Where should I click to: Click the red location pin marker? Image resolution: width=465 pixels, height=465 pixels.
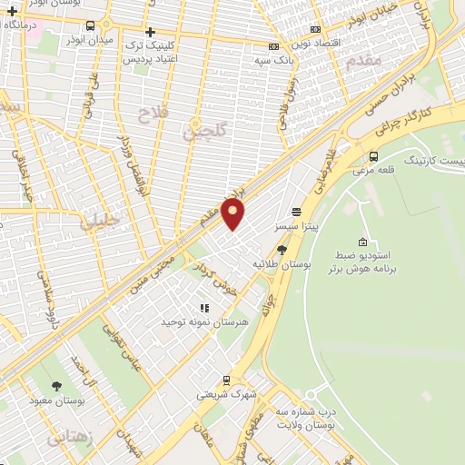click(x=233, y=214)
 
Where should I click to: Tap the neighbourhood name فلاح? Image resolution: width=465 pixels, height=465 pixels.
click(x=150, y=114)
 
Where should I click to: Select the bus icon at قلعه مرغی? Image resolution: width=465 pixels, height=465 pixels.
click(x=373, y=156)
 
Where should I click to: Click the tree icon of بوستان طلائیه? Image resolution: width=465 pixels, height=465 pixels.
click(x=282, y=249)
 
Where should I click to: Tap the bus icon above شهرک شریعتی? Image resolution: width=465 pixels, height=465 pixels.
click(x=226, y=381)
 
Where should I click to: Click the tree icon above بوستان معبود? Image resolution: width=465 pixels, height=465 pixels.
click(x=57, y=386)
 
